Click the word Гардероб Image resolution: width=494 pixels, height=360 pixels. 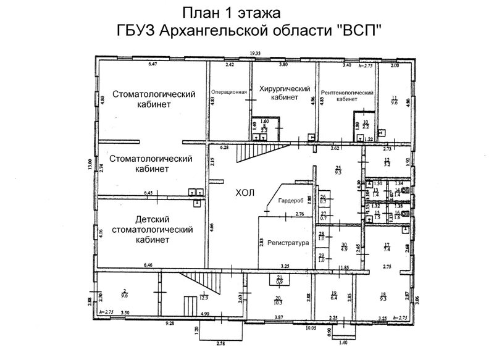pos(290,200)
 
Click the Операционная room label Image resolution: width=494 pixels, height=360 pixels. pos(229,92)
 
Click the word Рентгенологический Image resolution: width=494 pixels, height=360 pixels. pos(348,91)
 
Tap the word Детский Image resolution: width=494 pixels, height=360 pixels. pos(152,220)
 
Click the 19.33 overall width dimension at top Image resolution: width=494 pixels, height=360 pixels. pos(249,54)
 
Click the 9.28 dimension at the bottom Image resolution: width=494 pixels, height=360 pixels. pos(168,323)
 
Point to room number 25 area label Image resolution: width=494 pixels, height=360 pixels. pos(338,170)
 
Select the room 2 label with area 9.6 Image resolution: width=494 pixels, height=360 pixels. pos(125,293)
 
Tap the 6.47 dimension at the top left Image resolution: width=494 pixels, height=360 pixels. pos(153,64)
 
